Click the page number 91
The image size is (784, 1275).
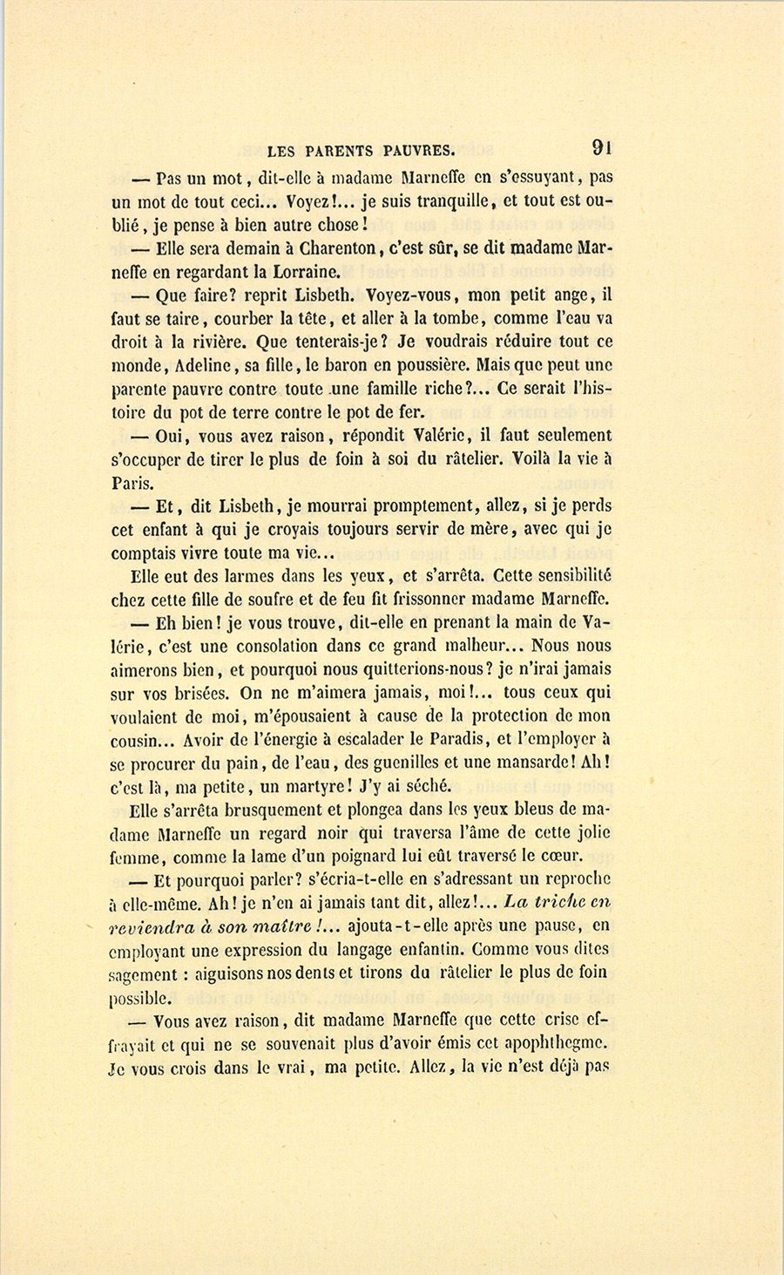pos(601,147)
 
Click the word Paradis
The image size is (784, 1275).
pos(456,740)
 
